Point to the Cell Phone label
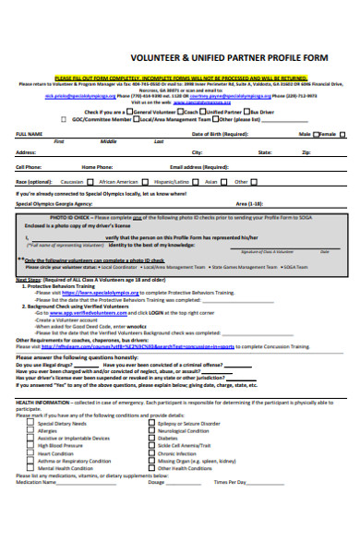29,167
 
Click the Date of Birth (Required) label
220,133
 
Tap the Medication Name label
36,483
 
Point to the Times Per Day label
231,483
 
